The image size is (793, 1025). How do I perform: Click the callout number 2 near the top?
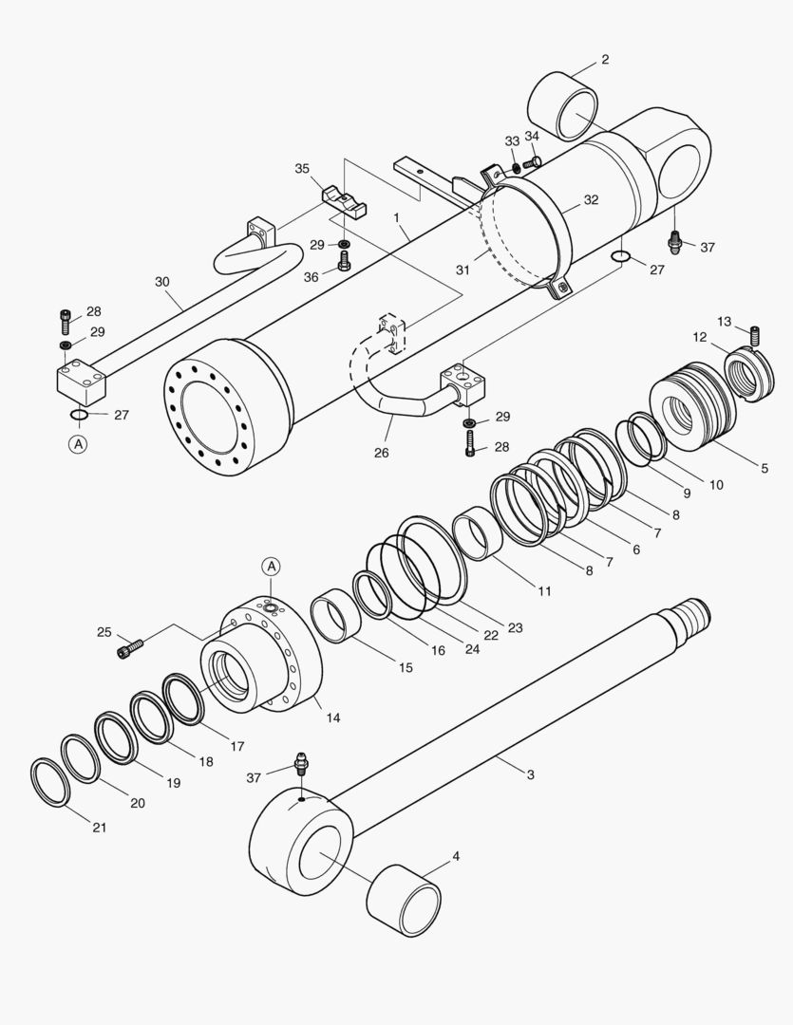pyautogui.click(x=605, y=60)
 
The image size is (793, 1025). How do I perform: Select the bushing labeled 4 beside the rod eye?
pyautogui.click(x=404, y=899)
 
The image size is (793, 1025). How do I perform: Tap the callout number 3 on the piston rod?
pyautogui.click(x=530, y=774)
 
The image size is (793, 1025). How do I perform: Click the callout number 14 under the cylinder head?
pyautogui.click(x=332, y=717)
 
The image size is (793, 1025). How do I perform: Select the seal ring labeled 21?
pyautogui.click(x=49, y=781)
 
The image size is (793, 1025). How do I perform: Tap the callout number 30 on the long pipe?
pyautogui.click(x=162, y=281)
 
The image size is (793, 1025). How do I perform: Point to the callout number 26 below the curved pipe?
pyautogui.click(x=381, y=453)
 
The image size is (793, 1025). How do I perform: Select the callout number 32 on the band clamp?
pyautogui.click(x=591, y=199)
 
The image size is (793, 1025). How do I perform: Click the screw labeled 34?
pyautogui.click(x=532, y=162)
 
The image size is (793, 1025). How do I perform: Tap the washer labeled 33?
pyautogui.click(x=516, y=168)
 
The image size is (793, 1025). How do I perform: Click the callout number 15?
pyautogui.click(x=406, y=667)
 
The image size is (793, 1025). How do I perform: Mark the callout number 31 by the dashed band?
pyautogui.click(x=463, y=270)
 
